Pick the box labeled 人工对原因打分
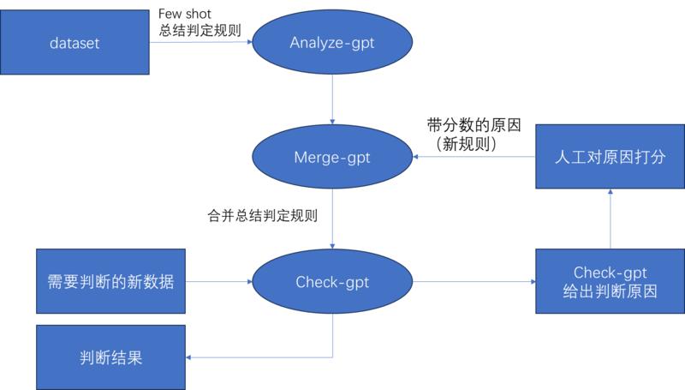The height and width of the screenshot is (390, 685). click(x=610, y=158)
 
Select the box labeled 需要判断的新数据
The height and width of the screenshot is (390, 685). click(x=110, y=281)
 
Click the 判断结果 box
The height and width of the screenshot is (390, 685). click(x=110, y=356)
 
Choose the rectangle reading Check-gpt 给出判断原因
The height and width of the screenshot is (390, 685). click(x=610, y=281)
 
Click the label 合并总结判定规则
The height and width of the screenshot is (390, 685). click(x=263, y=216)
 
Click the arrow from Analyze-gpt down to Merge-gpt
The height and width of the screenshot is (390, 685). click(x=331, y=100)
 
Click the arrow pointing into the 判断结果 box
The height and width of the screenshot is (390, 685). click(x=257, y=356)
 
